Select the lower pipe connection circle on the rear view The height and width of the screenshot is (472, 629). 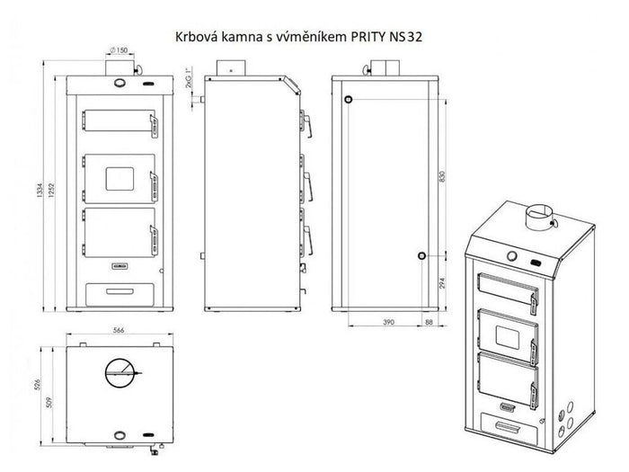tap(422, 255)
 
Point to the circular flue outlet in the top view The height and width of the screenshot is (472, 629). tap(118, 370)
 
